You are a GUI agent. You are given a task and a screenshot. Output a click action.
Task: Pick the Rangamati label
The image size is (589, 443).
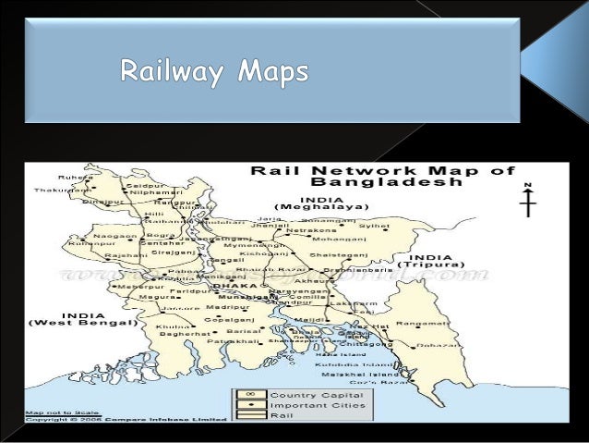click(x=418, y=323)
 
